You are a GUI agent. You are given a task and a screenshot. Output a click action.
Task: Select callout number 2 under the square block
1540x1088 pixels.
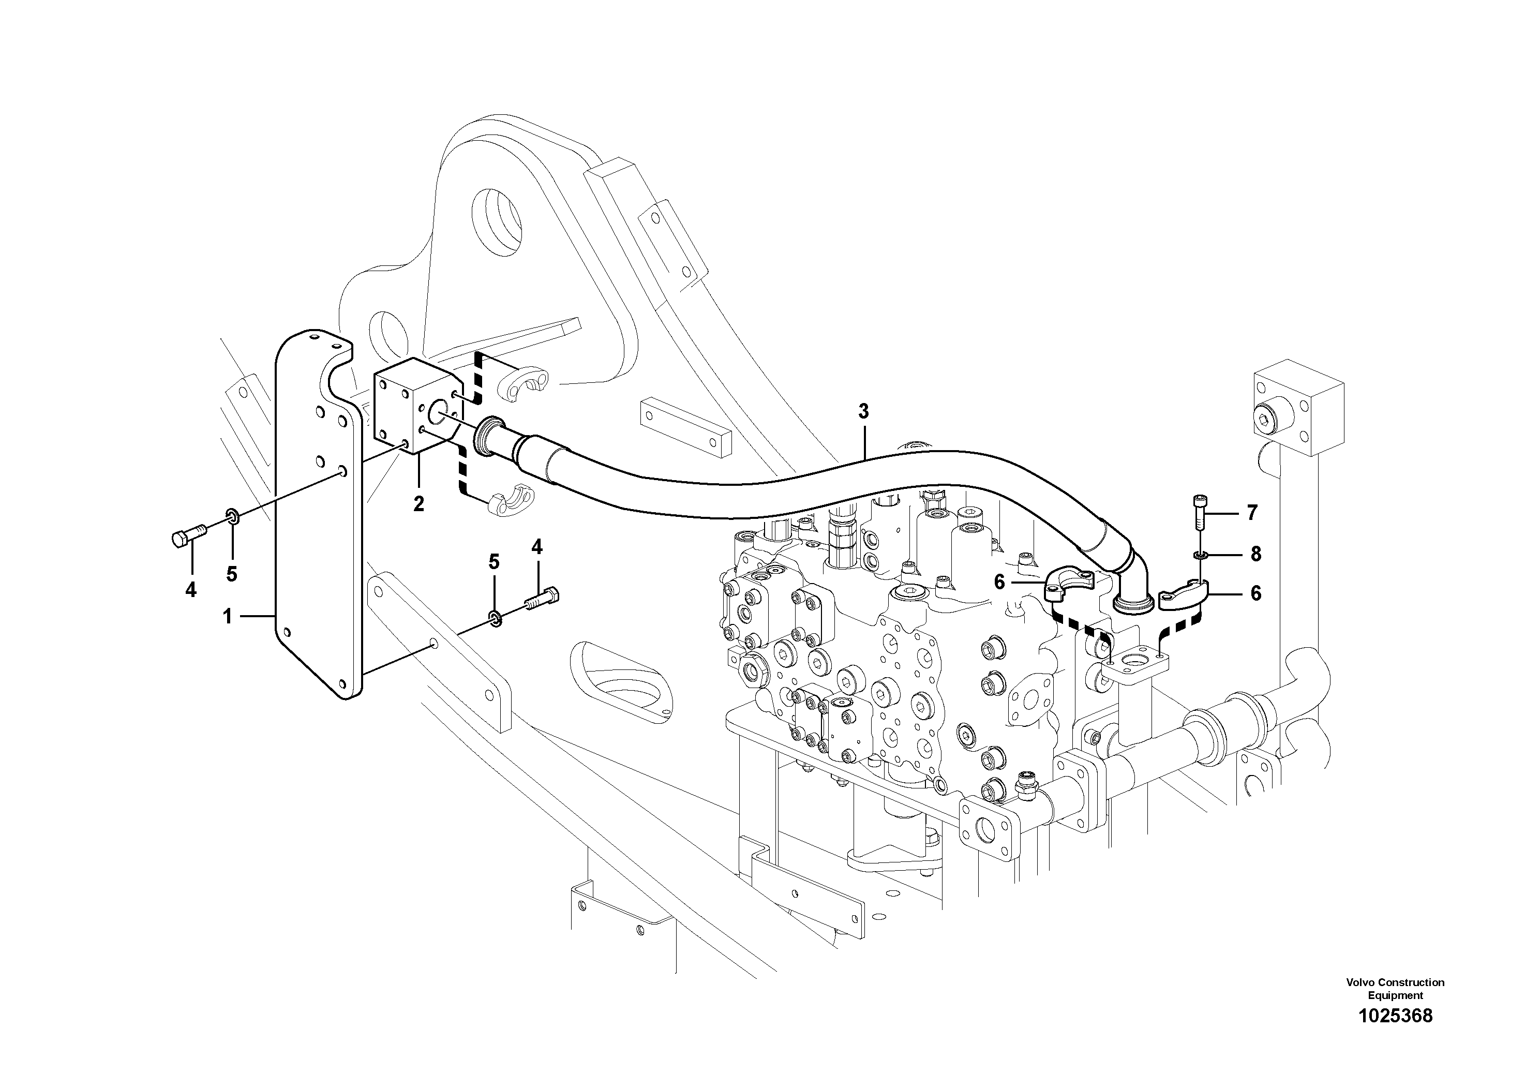click(x=418, y=504)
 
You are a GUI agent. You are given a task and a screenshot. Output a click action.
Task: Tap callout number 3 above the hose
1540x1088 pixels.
click(x=863, y=411)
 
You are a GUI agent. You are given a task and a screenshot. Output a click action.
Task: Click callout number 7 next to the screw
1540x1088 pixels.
click(x=1251, y=513)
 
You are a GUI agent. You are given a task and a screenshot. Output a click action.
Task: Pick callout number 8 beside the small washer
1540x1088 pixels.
click(x=1255, y=554)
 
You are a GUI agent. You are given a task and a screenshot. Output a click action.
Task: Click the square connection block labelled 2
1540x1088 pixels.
click(x=414, y=408)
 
